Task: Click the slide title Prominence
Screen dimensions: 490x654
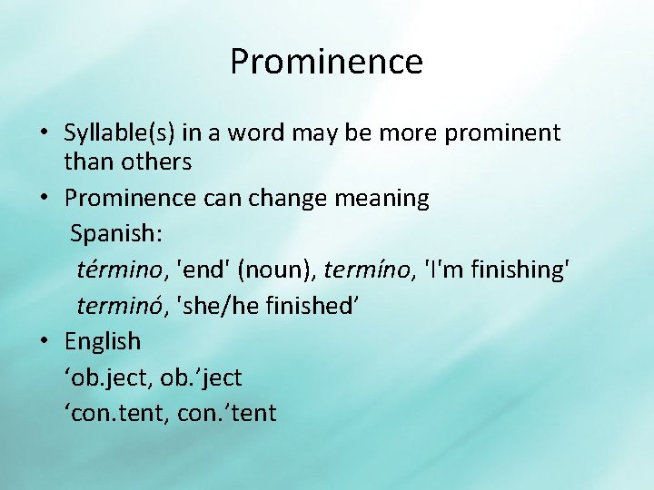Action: coord(326,62)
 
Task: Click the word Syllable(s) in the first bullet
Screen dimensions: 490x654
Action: coord(120,133)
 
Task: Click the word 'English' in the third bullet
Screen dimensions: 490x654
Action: coord(103,341)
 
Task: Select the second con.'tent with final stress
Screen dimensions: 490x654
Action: coord(232,413)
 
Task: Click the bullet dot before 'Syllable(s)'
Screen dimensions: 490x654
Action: coord(45,134)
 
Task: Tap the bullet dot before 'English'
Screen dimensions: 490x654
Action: coord(45,342)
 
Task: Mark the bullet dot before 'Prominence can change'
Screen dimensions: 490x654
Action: coord(45,199)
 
